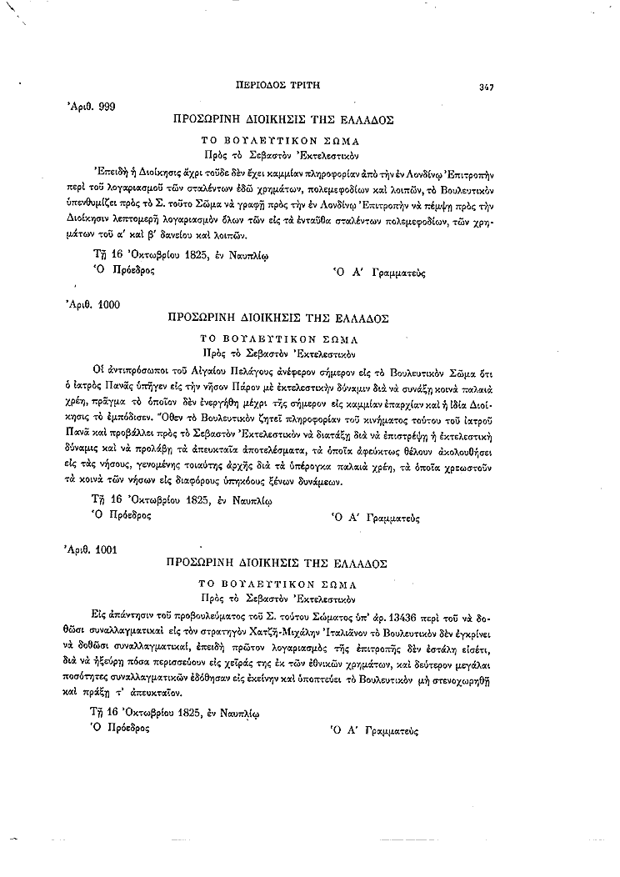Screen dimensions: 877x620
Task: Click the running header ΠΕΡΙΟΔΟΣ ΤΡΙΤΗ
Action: tap(280, 85)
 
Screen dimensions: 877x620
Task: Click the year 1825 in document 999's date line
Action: tap(186, 256)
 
